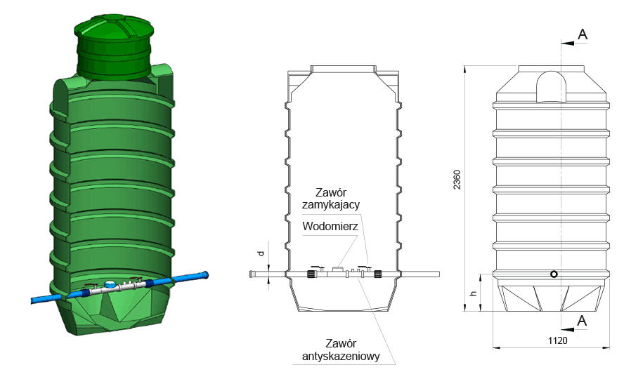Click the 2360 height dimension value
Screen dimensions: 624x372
point(457,180)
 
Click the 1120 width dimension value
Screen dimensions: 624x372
point(557,340)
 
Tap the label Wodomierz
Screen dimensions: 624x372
point(330,226)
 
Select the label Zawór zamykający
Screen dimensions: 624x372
point(331,199)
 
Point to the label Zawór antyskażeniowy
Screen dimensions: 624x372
point(341,350)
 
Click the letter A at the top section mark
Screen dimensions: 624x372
point(583,34)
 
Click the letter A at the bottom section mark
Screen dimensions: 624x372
point(582,320)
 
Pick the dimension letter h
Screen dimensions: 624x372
point(473,293)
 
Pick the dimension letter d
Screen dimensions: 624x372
point(261,253)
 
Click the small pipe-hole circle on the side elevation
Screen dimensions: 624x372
point(554,274)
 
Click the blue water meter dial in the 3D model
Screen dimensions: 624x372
point(109,284)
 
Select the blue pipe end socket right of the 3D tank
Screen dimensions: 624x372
point(203,274)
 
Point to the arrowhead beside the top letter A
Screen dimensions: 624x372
point(568,43)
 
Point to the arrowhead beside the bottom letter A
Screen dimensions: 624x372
point(568,329)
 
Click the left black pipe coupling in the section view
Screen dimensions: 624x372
point(311,274)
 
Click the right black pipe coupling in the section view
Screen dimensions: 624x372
point(377,274)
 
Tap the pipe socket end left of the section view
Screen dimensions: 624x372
point(252,274)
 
